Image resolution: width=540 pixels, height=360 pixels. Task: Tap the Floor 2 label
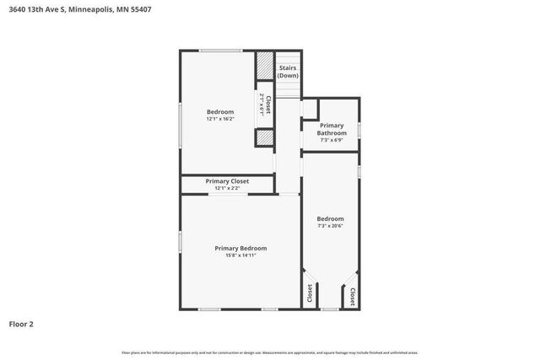pos(21,323)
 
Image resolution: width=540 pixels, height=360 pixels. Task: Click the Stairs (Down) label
pos(288,71)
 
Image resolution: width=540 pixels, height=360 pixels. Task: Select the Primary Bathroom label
pos(332,129)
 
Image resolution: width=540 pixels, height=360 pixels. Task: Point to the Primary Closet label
pos(227,180)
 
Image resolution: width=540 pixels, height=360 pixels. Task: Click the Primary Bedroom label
pos(240,248)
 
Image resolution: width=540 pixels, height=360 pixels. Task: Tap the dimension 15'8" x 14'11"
pos(240,255)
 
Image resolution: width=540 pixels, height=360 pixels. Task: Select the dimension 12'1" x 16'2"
pos(220,119)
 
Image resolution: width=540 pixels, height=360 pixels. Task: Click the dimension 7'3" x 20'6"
pos(330,225)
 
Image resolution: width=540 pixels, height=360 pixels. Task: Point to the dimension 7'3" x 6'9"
pos(332,140)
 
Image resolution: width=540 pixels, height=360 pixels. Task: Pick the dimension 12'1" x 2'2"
pos(227,188)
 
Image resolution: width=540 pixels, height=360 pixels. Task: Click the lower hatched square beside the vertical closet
pos(265,137)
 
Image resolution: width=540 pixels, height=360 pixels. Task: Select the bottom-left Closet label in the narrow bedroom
pos(310,293)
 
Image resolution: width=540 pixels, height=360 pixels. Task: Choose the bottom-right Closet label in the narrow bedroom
pos(352,296)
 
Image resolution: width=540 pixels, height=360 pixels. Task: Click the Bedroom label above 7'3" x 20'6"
pos(330,218)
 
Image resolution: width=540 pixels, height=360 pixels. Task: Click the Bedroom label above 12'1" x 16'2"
pos(220,111)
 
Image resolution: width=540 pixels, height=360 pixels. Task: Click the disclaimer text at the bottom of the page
pos(269,352)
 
